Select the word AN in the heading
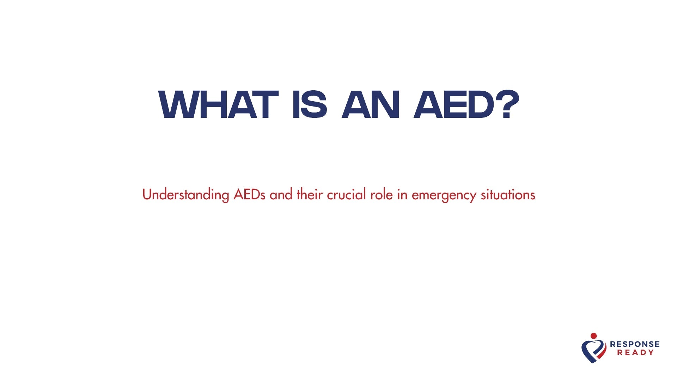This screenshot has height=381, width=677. coord(371,105)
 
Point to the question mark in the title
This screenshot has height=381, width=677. coord(508,105)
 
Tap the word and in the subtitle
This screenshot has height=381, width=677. coord(281,194)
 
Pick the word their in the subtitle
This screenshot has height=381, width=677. coord(310,194)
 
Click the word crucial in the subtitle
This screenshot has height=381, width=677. coord(347,194)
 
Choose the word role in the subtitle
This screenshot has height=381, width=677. coord(382,194)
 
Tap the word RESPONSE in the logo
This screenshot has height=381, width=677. coord(635,344)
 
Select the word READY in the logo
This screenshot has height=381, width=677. coord(635,352)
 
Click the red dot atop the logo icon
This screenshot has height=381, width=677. coord(594,336)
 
